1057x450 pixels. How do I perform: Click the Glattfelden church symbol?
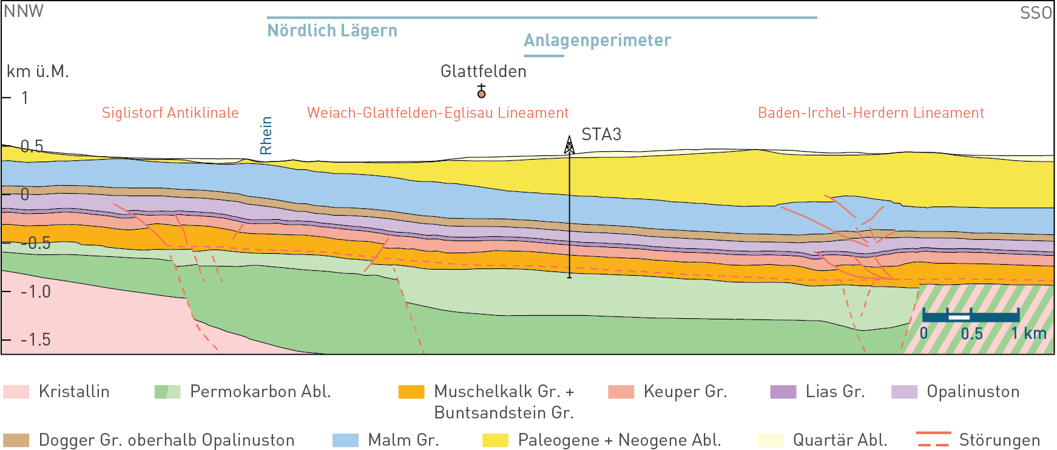481,92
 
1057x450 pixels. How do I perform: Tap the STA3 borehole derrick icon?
569,145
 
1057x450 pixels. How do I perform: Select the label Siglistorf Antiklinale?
170,113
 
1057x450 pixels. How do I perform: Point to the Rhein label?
266,135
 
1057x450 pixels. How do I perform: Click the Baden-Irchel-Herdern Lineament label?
871,113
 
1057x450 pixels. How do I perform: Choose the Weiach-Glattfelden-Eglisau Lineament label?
437,113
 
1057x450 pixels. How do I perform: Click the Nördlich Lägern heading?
332,30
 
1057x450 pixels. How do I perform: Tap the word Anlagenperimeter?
597,40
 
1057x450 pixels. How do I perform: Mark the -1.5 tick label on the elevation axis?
36,339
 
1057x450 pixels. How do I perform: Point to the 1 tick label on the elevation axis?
25,98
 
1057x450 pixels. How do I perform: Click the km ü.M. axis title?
38,72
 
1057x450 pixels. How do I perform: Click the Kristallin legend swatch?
16,392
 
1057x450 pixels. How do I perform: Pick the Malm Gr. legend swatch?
345,440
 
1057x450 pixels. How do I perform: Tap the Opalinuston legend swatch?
904,392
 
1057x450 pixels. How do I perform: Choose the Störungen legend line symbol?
933,439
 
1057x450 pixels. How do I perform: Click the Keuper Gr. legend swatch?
621,392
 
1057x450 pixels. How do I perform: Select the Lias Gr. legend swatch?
783,392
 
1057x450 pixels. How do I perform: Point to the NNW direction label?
24,12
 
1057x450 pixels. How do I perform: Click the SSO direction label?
1035,13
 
